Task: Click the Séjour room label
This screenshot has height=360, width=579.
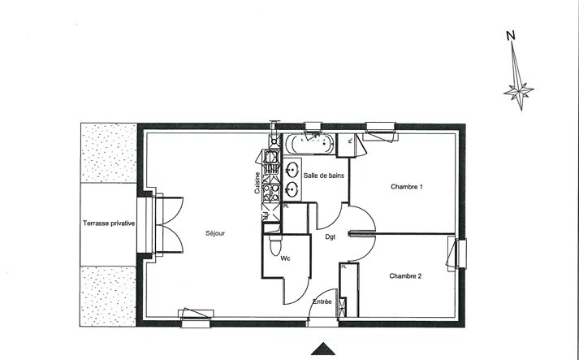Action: coord(215,233)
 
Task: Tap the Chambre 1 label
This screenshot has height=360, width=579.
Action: coord(407,187)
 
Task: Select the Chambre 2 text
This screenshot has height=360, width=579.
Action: coord(405,275)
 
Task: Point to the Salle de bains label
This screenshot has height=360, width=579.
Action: coord(323,176)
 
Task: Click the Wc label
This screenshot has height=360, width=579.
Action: coord(285,258)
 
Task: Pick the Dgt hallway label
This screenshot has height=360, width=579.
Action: coord(331,237)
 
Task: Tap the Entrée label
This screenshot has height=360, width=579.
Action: coord(322,301)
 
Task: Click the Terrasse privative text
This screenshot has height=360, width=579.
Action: coord(109,223)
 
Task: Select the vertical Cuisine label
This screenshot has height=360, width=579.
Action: coord(257,183)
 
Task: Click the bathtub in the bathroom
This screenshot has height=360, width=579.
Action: coord(309,144)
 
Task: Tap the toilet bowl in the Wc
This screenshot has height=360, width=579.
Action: coord(275,245)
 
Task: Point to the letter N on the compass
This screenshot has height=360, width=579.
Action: coord(510,36)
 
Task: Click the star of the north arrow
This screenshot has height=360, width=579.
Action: coord(519,91)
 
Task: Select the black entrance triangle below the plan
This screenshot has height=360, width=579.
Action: coord(323,349)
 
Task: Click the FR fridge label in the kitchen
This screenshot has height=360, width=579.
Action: coord(265,216)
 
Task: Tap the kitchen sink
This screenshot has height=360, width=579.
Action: coord(271,158)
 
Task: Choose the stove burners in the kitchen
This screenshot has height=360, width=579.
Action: coord(271,193)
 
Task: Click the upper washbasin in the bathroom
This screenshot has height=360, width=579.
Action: coord(292,170)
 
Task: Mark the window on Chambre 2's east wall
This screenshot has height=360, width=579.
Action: coord(456,254)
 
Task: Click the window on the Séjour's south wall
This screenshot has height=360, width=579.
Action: coord(196,318)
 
